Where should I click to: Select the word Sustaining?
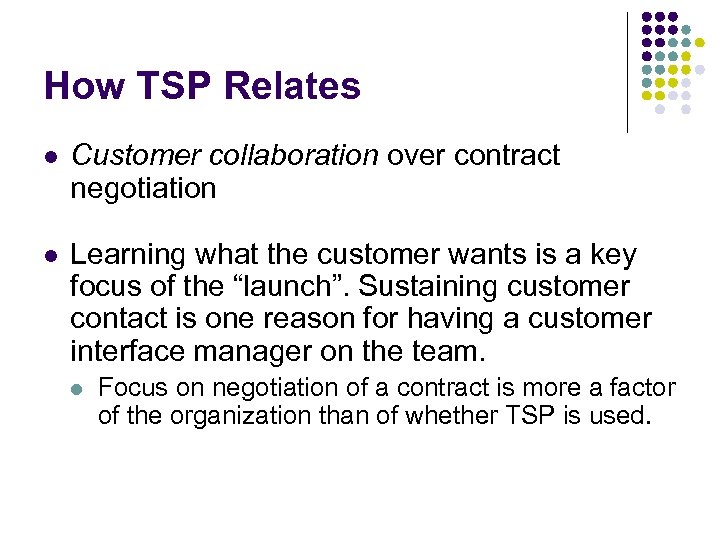(437, 287)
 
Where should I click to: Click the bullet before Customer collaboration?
(51, 157)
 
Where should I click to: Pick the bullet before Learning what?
(51, 256)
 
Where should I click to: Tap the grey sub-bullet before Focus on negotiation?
(80, 388)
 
